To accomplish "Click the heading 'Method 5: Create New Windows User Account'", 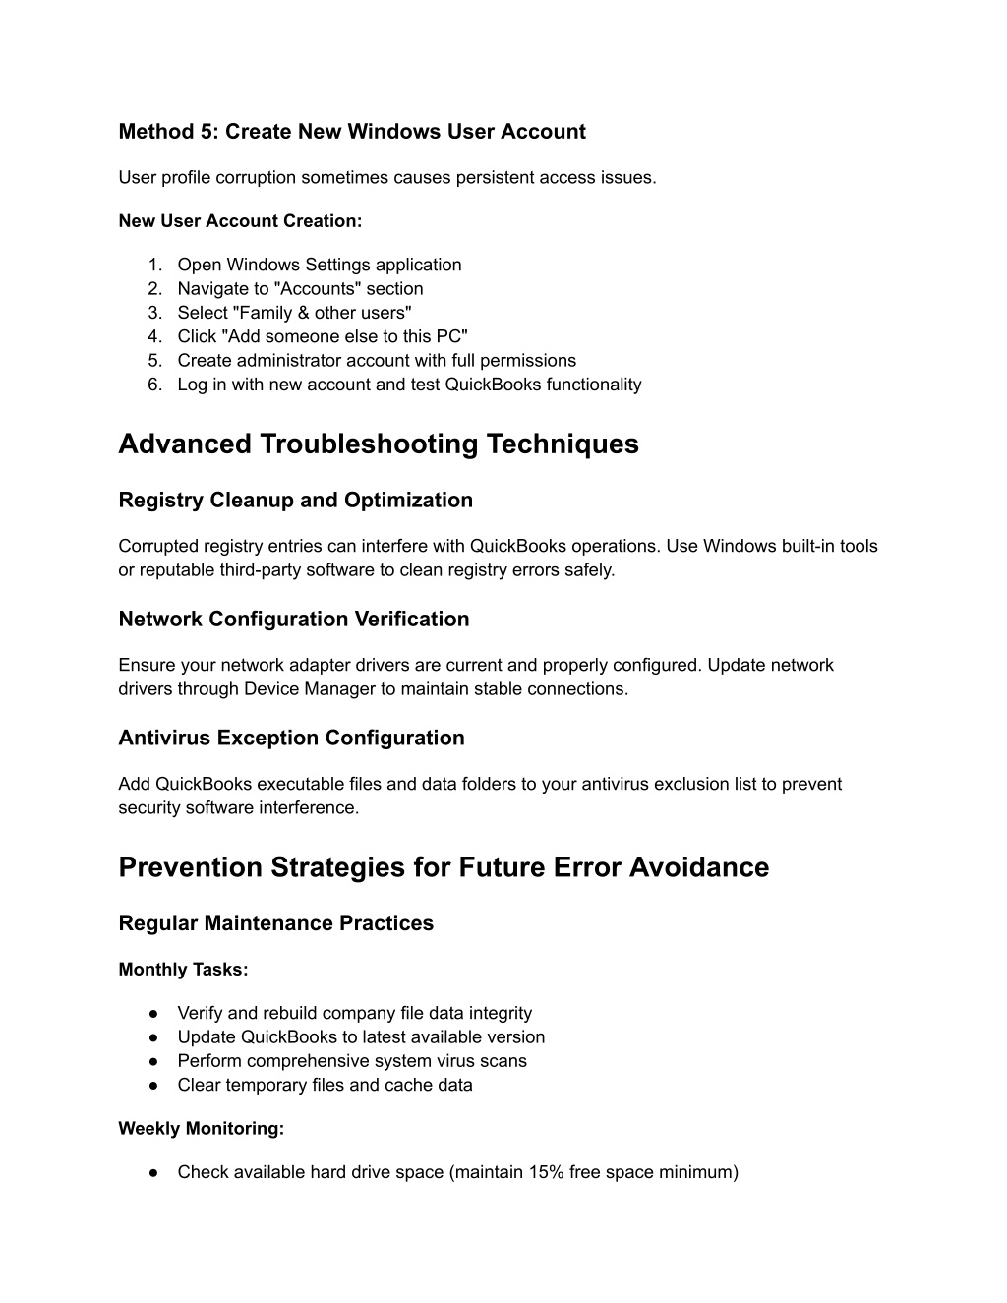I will click(x=351, y=132).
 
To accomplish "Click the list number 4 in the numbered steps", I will click(x=154, y=336).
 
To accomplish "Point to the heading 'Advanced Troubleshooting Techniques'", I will click(x=378, y=444).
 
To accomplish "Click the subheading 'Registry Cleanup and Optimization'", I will click(x=295, y=501).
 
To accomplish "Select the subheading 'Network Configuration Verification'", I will click(x=293, y=620).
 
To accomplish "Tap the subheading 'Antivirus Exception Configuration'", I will click(x=291, y=739).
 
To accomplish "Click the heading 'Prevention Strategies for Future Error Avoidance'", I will click(x=444, y=868).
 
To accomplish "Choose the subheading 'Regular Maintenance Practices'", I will click(x=275, y=924).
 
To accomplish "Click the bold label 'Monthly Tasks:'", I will click(x=183, y=970).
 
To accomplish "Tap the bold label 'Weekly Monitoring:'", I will click(x=201, y=1129).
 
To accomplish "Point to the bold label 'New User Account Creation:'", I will click(x=240, y=221).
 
